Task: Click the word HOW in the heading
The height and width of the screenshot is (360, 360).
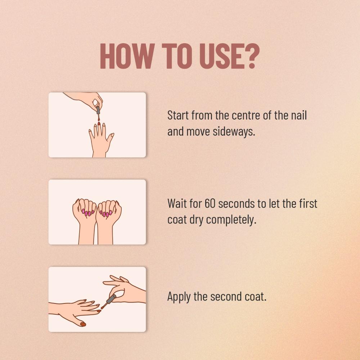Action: (x=127, y=56)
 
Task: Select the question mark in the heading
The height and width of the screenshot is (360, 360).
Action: (x=252, y=56)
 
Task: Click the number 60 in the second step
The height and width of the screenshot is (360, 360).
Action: (x=210, y=203)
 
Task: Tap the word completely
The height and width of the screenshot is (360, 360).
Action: (x=231, y=220)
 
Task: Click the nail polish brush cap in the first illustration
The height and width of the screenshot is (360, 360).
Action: (x=98, y=110)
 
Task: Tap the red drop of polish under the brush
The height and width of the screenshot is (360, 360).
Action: (x=99, y=120)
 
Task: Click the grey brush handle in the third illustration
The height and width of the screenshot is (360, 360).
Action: (x=111, y=299)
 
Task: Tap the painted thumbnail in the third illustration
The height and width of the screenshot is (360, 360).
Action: (x=83, y=324)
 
